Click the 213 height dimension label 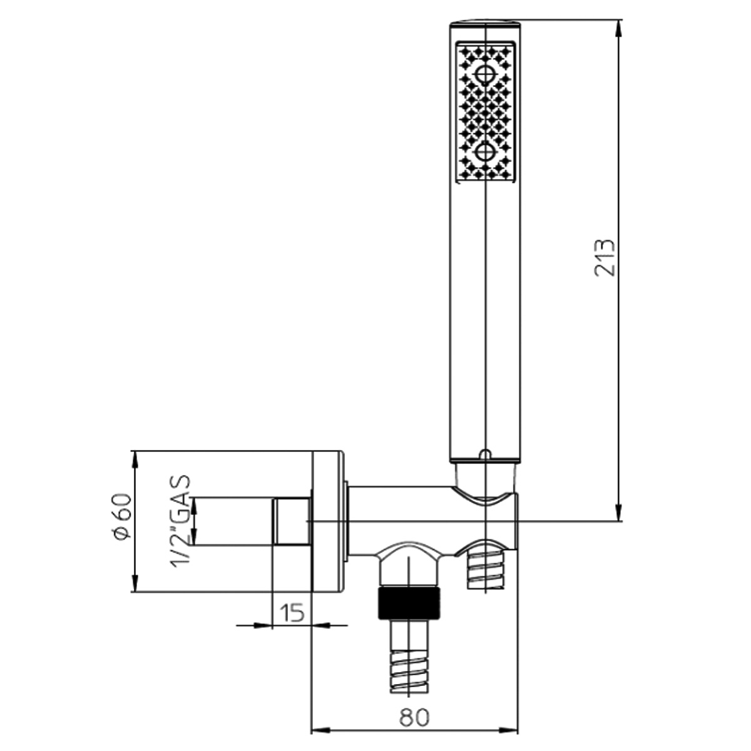pos(605,258)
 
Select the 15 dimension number pos(292,613)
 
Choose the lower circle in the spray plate pos(484,152)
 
